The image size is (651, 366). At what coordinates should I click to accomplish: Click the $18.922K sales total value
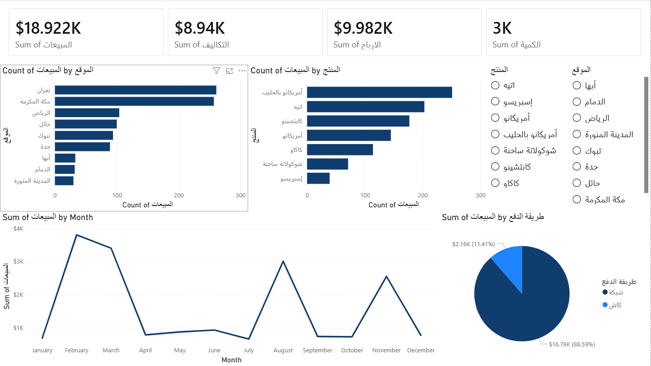pos(48,28)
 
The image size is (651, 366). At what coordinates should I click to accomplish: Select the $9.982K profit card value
pos(363,28)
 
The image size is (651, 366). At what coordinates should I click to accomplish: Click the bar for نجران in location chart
pos(135,90)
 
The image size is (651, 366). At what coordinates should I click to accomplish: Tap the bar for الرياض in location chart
pos(87,113)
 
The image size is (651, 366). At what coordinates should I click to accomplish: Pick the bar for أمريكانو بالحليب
pos(379,93)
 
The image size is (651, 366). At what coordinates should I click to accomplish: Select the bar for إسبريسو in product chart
pos(318,178)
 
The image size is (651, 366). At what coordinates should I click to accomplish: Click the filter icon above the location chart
pos(217,71)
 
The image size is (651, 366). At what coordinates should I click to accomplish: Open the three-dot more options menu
pos(242,71)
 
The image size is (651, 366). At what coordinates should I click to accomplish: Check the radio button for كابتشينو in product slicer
pos(495,167)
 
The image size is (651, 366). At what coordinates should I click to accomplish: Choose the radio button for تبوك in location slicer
pos(577,150)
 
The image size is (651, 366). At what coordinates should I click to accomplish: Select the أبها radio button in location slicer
pos(577,85)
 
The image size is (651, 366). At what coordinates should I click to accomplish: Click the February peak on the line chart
pos(76,235)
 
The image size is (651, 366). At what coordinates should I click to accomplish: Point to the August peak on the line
pos(283,261)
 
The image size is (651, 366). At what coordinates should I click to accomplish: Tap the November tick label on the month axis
pos(386,351)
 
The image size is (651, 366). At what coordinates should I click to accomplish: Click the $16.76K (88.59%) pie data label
pos(572,344)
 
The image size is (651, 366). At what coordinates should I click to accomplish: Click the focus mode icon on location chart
pos(229,71)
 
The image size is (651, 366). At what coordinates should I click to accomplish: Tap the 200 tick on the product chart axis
pos(422,196)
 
